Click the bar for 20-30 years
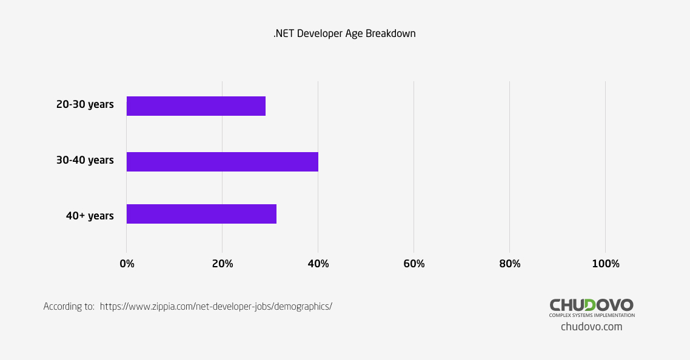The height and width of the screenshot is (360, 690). pyautogui.click(x=196, y=106)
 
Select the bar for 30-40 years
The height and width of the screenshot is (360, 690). pyautogui.click(x=222, y=162)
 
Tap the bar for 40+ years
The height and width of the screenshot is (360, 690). pyautogui.click(x=201, y=214)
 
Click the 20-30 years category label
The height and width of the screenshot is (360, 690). pyautogui.click(x=85, y=105)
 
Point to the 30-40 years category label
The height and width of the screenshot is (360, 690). pyautogui.click(x=85, y=161)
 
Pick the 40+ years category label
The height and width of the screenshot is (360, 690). pyautogui.click(x=90, y=216)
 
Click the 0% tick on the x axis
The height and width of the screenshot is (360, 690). pyautogui.click(x=127, y=264)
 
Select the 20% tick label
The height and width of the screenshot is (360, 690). pyautogui.click(x=223, y=264)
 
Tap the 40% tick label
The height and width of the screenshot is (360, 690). pyautogui.click(x=318, y=264)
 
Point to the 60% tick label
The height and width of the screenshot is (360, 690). pyautogui.click(x=414, y=264)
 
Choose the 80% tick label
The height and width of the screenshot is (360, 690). pyautogui.click(x=510, y=264)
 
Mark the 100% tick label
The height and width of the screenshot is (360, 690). pyautogui.click(x=606, y=264)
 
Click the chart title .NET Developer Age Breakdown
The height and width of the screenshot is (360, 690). pyautogui.click(x=344, y=34)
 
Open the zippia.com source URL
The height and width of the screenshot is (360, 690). pyautogui.click(x=216, y=307)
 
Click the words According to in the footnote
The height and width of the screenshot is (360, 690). pyautogui.click(x=69, y=307)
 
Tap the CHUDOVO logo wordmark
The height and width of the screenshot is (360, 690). pyautogui.click(x=591, y=305)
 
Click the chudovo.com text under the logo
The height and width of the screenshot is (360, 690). pyautogui.click(x=591, y=327)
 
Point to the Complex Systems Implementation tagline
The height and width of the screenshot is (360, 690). pyautogui.click(x=592, y=316)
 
